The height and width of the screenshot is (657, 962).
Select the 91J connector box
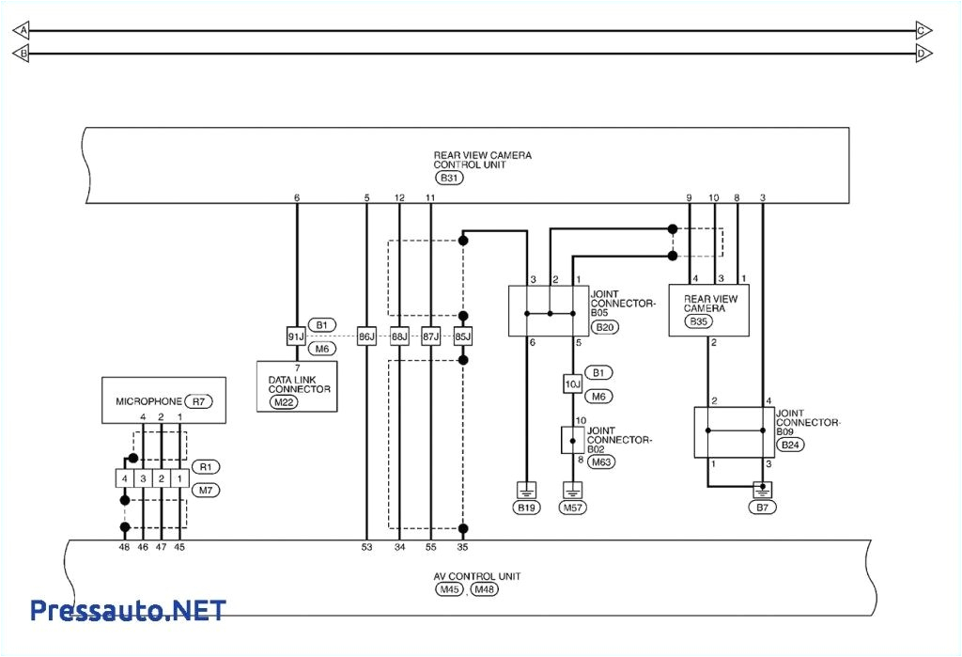coord(297,336)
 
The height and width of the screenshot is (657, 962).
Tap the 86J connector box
coord(366,336)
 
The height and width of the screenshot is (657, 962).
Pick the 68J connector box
coord(399,336)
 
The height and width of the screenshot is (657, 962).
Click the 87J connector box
coord(430,336)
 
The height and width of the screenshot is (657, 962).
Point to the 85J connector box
coord(462,336)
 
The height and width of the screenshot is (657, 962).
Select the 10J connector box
coord(573,383)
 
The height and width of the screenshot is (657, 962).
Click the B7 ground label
coord(763,508)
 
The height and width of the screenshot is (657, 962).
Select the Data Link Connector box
coord(297,385)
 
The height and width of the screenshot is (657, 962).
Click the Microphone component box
coord(163,401)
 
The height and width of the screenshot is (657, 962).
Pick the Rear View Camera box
coord(709,309)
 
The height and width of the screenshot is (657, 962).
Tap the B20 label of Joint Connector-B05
coord(604,327)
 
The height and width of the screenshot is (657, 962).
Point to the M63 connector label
coord(601,461)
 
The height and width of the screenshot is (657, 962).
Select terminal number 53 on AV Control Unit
coord(366,546)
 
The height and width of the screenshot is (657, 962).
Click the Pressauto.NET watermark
coord(128,611)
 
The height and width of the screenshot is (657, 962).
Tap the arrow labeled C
coord(923,31)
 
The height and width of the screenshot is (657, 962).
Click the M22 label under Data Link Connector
coord(283,401)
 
